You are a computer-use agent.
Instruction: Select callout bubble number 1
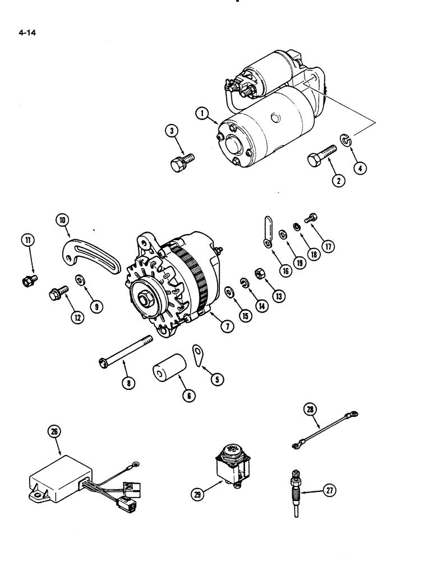coord(201,114)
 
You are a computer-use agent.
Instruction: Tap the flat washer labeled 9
coord(80,280)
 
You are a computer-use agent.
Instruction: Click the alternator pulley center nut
coord(145,297)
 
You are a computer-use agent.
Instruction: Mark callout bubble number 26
coord(55,432)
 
